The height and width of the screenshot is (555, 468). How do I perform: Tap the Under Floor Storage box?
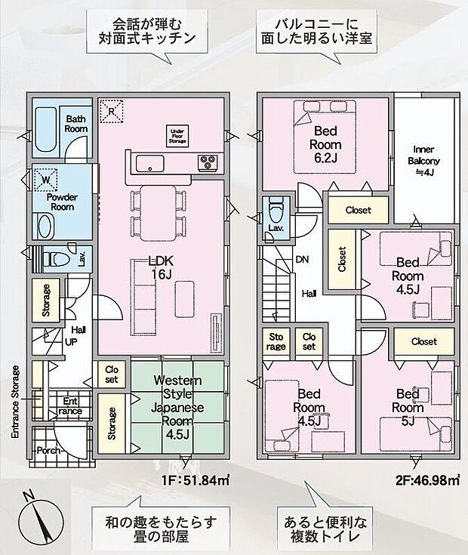pos(177,136)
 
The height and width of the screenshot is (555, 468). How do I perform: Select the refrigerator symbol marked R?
pos(112,111)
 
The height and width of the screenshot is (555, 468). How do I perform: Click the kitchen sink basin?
pos(150,163)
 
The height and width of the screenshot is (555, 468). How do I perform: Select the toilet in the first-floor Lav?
pos(56,259)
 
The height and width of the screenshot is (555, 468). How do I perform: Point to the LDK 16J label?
pos(161,267)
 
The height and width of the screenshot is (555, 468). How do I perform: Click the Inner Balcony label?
pos(423,161)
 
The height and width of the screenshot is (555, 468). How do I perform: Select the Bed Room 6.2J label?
pos(325,144)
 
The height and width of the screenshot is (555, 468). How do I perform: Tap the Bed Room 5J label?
pos(408,407)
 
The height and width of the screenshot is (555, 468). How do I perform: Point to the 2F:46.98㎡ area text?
pos(427,480)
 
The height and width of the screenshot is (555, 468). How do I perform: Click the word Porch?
pos(48,451)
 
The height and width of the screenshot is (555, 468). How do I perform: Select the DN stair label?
pos(302,260)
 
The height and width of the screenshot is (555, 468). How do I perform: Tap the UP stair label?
pos(71,342)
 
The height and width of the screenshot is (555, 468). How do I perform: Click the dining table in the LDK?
pos(158,214)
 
